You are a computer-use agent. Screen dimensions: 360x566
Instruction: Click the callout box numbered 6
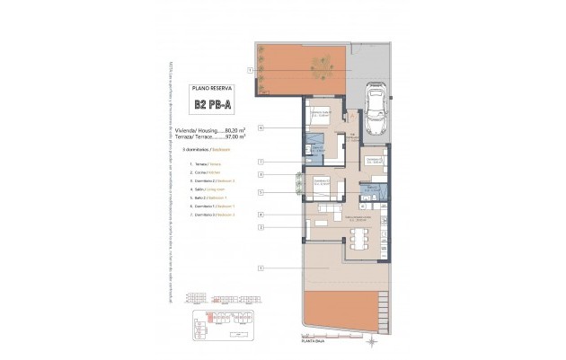[x=261, y=127]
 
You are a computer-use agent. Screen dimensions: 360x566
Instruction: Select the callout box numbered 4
[x=261, y=215]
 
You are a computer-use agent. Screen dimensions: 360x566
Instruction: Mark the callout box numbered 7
[x=261, y=162]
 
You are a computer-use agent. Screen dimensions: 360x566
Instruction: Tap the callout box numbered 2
[x=261, y=227]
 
